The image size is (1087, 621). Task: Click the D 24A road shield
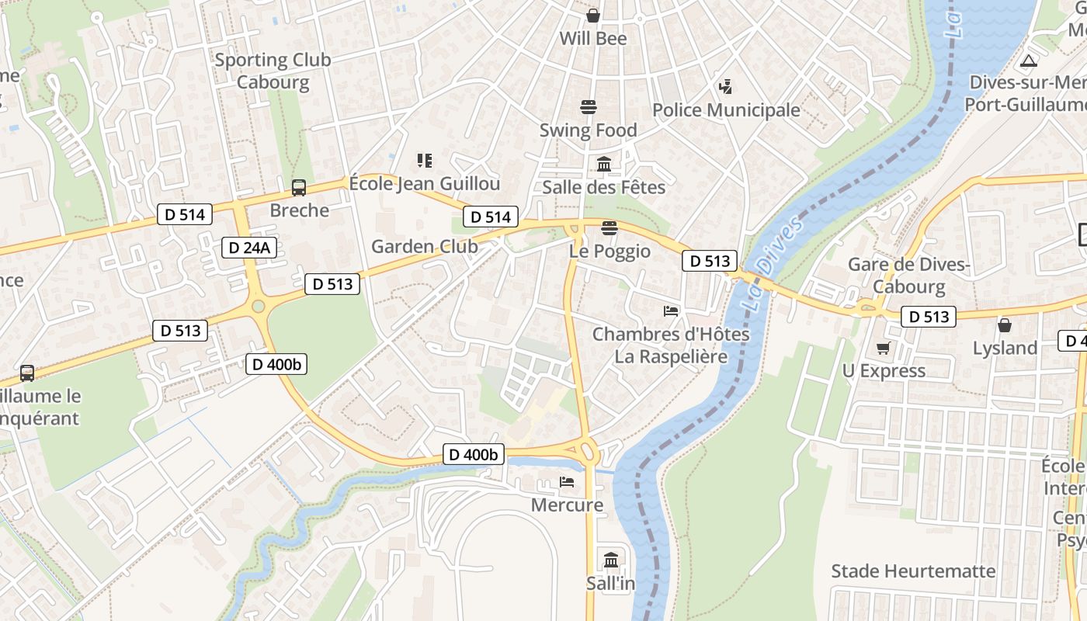[x=249, y=248]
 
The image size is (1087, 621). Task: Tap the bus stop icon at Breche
[x=299, y=187]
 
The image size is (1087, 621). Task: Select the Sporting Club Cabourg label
[x=273, y=71]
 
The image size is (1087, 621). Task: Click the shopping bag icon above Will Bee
[x=593, y=16]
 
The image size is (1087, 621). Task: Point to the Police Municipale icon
[x=725, y=86]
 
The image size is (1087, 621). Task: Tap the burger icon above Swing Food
[x=589, y=107]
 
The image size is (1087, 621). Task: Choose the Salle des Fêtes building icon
[x=604, y=164]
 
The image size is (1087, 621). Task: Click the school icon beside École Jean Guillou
[x=424, y=161]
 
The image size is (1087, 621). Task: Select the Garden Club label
[x=424, y=247]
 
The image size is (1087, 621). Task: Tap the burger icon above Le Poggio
[x=609, y=228]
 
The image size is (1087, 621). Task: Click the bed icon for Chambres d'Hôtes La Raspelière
[x=671, y=311]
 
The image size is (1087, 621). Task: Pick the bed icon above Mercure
[x=567, y=482]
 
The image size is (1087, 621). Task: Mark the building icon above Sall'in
[x=611, y=560]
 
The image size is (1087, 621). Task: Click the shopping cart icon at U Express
[x=883, y=349]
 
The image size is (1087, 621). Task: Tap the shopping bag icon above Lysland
[x=1005, y=325]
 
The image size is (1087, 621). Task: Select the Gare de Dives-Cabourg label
[x=908, y=276]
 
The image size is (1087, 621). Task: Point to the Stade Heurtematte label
[x=913, y=571]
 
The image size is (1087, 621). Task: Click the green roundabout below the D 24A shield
[x=259, y=307]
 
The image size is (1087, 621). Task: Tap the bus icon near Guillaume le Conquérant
[x=27, y=373]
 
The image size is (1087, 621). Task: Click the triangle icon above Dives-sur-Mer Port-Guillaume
[x=1029, y=61]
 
